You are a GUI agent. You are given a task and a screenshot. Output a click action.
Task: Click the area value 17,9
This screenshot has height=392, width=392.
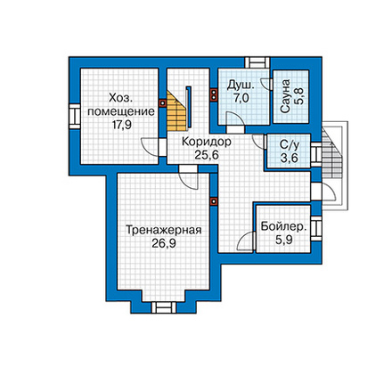click(x=122, y=125)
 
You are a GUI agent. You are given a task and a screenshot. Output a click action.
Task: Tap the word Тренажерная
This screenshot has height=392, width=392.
click(x=164, y=230)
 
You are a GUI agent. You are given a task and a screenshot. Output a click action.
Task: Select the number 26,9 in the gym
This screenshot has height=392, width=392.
click(x=164, y=243)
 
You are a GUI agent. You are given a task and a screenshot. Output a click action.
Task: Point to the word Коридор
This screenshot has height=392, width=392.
click(x=207, y=142)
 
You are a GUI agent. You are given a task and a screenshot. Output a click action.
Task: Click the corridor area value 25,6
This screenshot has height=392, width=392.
click(x=207, y=155)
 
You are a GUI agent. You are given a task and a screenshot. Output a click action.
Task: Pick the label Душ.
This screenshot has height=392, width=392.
click(x=241, y=86)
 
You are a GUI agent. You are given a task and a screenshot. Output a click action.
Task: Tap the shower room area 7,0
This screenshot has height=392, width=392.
click(x=241, y=98)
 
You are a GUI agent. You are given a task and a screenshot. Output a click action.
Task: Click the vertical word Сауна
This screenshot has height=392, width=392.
click(x=285, y=96)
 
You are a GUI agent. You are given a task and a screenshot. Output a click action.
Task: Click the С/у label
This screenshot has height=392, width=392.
click(x=290, y=145)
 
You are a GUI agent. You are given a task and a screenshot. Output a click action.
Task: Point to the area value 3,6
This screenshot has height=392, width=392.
click(x=290, y=158)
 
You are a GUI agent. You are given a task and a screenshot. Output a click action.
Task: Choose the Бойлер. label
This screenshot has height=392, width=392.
click(x=283, y=227)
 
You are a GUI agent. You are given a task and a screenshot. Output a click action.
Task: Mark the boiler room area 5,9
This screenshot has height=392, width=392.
click(x=283, y=240)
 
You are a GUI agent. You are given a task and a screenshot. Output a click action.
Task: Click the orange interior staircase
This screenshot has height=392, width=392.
click(x=176, y=112)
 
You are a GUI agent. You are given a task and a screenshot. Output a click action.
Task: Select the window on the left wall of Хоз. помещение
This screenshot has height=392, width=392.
click(x=75, y=116)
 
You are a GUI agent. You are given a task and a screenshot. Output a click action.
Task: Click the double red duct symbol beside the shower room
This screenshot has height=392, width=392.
click(x=214, y=94)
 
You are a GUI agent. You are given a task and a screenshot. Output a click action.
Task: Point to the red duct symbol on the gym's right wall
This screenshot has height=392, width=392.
click(x=214, y=201)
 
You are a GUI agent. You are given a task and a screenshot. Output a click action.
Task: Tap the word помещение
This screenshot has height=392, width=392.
click(x=121, y=112)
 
